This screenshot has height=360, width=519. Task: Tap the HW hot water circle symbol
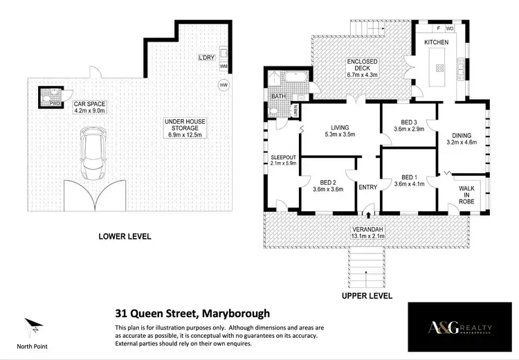point(223,86)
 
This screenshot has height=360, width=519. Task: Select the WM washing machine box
point(223,66)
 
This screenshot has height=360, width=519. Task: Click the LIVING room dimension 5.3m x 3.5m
point(340,135)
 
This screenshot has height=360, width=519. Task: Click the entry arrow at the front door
point(367,206)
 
